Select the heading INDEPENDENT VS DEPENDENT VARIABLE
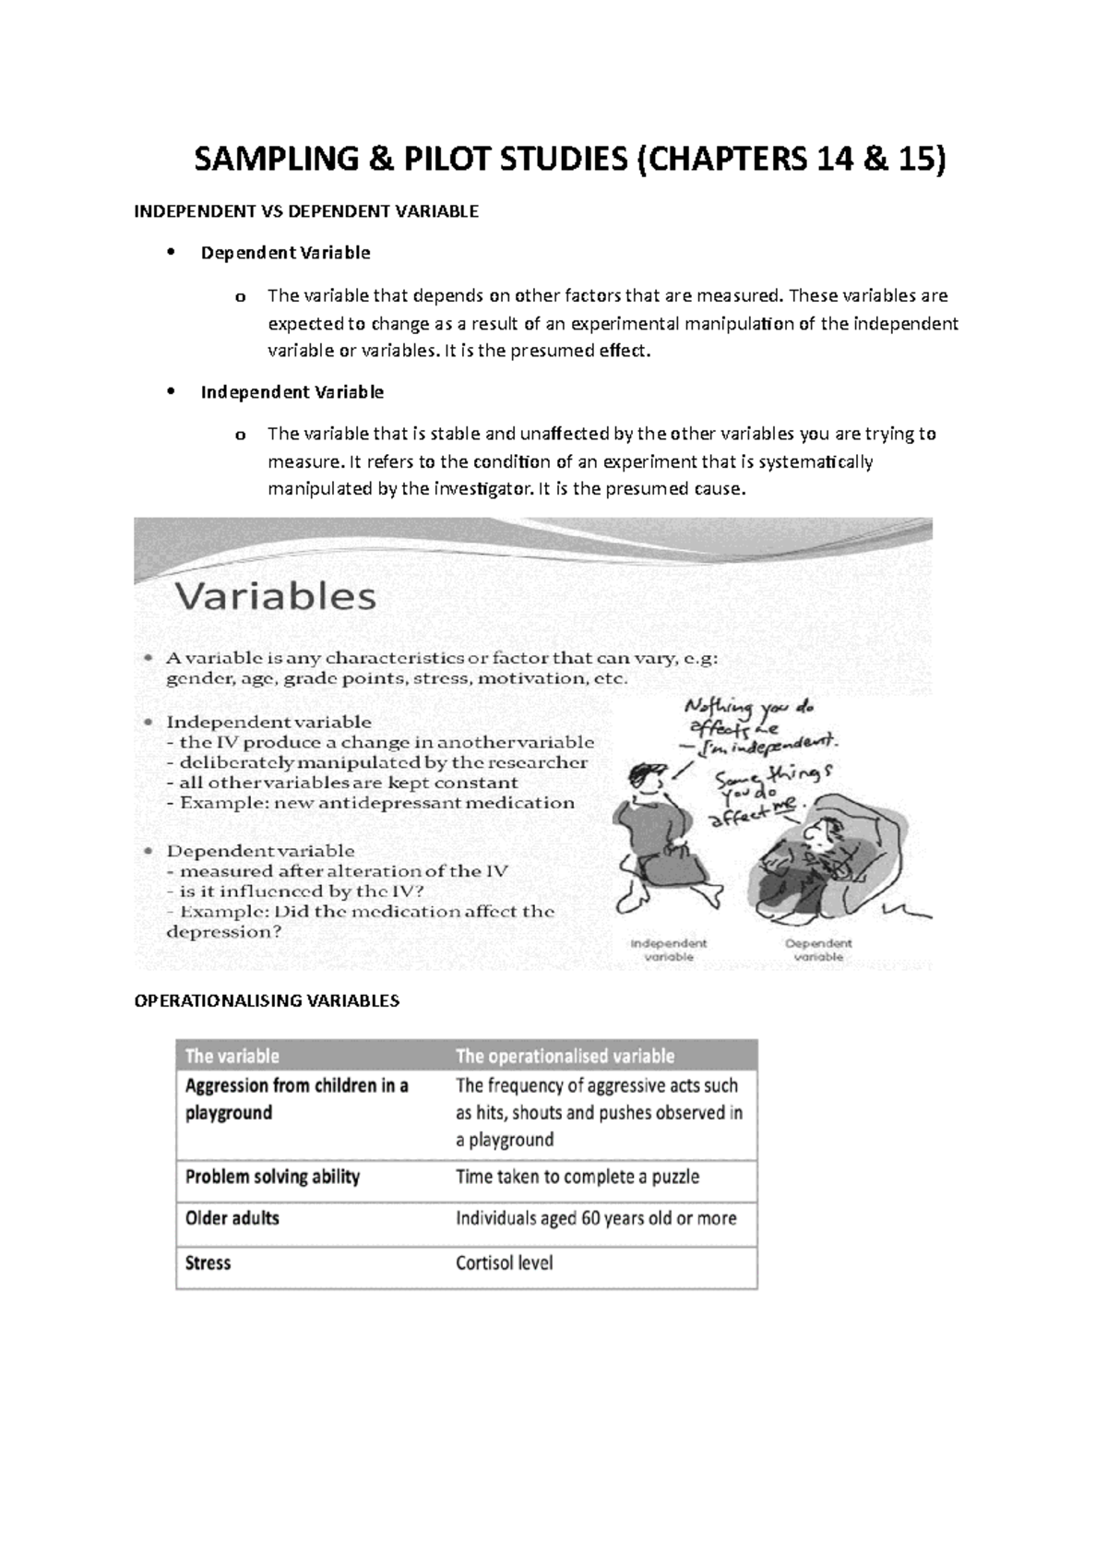[x=306, y=211]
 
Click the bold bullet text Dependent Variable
[x=285, y=252]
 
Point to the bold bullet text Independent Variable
[x=292, y=392]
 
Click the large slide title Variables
[x=275, y=596]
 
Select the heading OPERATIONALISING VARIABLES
[x=267, y=1000]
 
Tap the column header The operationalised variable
[x=565, y=1056]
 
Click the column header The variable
[x=232, y=1056]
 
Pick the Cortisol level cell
[x=504, y=1262]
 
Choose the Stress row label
[x=208, y=1262]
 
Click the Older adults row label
[x=232, y=1218]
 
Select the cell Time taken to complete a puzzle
[x=577, y=1177]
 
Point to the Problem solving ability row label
[x=272, y=1177]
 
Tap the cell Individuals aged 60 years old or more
[x=596, y=1218]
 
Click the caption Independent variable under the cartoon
[x=668, y=950]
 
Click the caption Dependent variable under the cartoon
[x=818, y=950]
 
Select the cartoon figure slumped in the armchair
[x=812, y=858]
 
